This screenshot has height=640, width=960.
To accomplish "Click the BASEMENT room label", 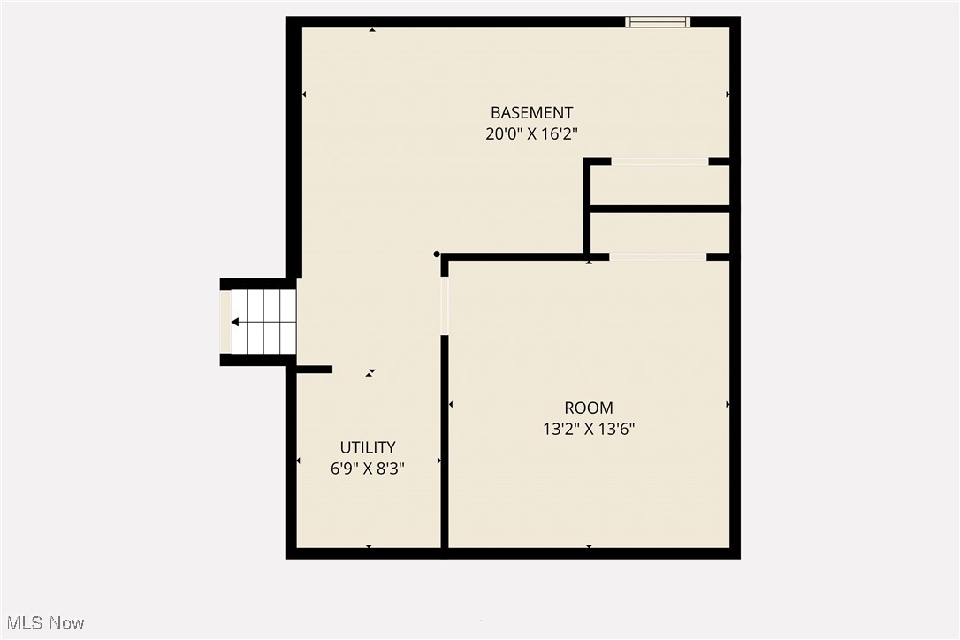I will tap(531, 112).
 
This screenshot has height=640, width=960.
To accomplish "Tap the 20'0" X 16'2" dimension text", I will tap(531, 134).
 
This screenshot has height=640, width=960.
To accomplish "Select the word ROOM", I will tap(589, 408).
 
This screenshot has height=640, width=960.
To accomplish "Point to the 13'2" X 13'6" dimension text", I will tap(589, 430).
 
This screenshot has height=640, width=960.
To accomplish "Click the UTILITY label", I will tap(368, 447).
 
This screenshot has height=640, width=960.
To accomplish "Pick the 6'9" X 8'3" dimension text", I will tap(368, 469).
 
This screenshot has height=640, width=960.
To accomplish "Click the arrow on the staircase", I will tap(236, 323).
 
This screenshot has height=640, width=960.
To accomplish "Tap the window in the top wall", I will tap(657, 22).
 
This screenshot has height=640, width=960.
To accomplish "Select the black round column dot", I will tap(437, 254).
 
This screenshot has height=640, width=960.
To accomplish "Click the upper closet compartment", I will tap(659, 185).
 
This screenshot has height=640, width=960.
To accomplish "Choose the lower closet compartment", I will tap(659, 233).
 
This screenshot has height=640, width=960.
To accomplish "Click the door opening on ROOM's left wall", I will tap(445, 305).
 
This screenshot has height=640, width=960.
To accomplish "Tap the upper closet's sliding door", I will tap(659, 162).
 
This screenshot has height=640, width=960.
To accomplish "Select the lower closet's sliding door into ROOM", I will tap(658, 256).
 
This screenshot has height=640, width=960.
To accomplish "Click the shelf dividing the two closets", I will tap(659, 209).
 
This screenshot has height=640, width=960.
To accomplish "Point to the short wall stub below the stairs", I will tap(314, 369).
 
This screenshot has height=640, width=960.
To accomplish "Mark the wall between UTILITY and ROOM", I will tap(445, 442).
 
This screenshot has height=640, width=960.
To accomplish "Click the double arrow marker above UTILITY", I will tap(371, 373).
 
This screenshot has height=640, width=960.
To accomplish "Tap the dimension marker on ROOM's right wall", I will tap(728, 404).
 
